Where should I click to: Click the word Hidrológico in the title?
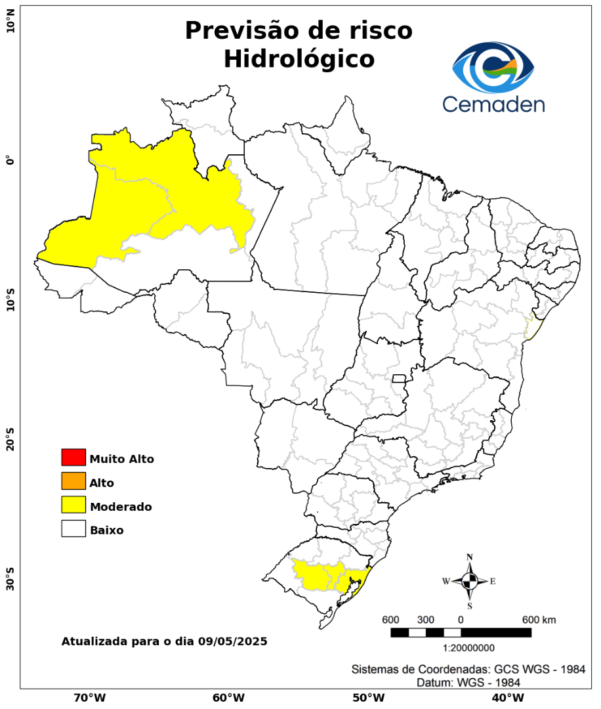click(299, 59)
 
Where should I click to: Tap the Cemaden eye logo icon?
click(493, 68)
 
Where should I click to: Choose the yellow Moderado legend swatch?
click(73, 505)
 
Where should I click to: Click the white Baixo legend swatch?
click(73, 529)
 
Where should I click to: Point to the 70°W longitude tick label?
click(90, 697)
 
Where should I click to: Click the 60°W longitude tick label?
click(228, 697)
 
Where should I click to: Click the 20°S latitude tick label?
click(10, 442)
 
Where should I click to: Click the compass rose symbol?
click(470, 581)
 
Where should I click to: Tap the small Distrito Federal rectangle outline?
click(399, 378)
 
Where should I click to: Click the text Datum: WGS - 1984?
click(468, 683)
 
